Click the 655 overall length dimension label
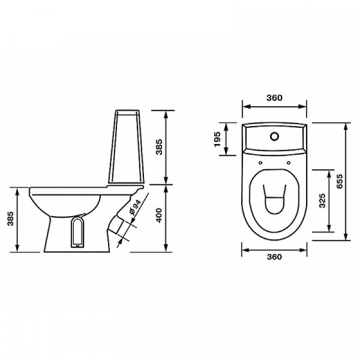tap(340, 181)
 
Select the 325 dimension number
tap(322, 200)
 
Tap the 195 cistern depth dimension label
tap(217, 139)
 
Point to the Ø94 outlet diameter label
tap(135, 207)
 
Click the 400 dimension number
tap(158, 215)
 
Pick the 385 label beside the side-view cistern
tap(158, 147)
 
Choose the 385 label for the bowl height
tap(11, 218)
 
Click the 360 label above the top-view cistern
tap(274, 98)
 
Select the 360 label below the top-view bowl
tap(274, 256)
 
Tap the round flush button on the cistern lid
tap(274, 136)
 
